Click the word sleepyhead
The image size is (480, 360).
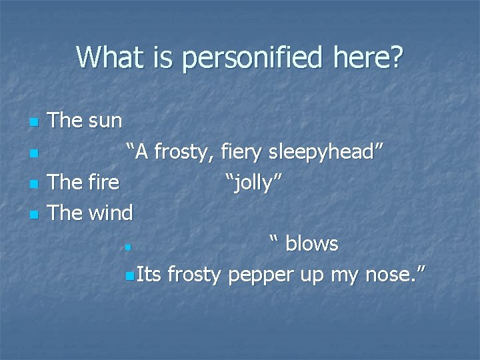pyautogui.click(x=325, y=152)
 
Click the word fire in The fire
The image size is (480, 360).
pyautogui.click(x=103, y=182)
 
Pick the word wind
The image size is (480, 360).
pyautogui.click(x=110, y=213)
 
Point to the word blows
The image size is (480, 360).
pyautogui.click(x=312, y=243)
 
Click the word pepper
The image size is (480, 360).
pyautogui.click(x=261, y=274)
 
